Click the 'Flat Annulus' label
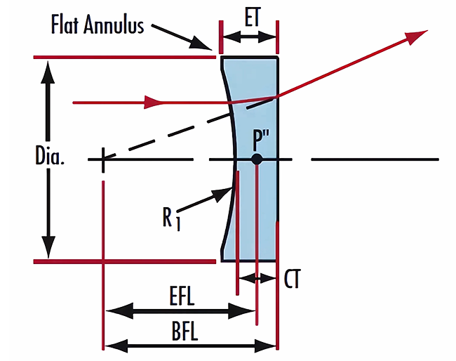coord(98,26)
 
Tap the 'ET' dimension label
coord(249,15)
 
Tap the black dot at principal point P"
coord(257,159)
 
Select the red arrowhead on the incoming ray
coord(153,103)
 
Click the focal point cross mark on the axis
coord(103,160)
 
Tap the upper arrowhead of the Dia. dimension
coord(48,69)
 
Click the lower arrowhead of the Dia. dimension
coord(48,249)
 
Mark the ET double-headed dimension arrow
coord(249,31)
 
